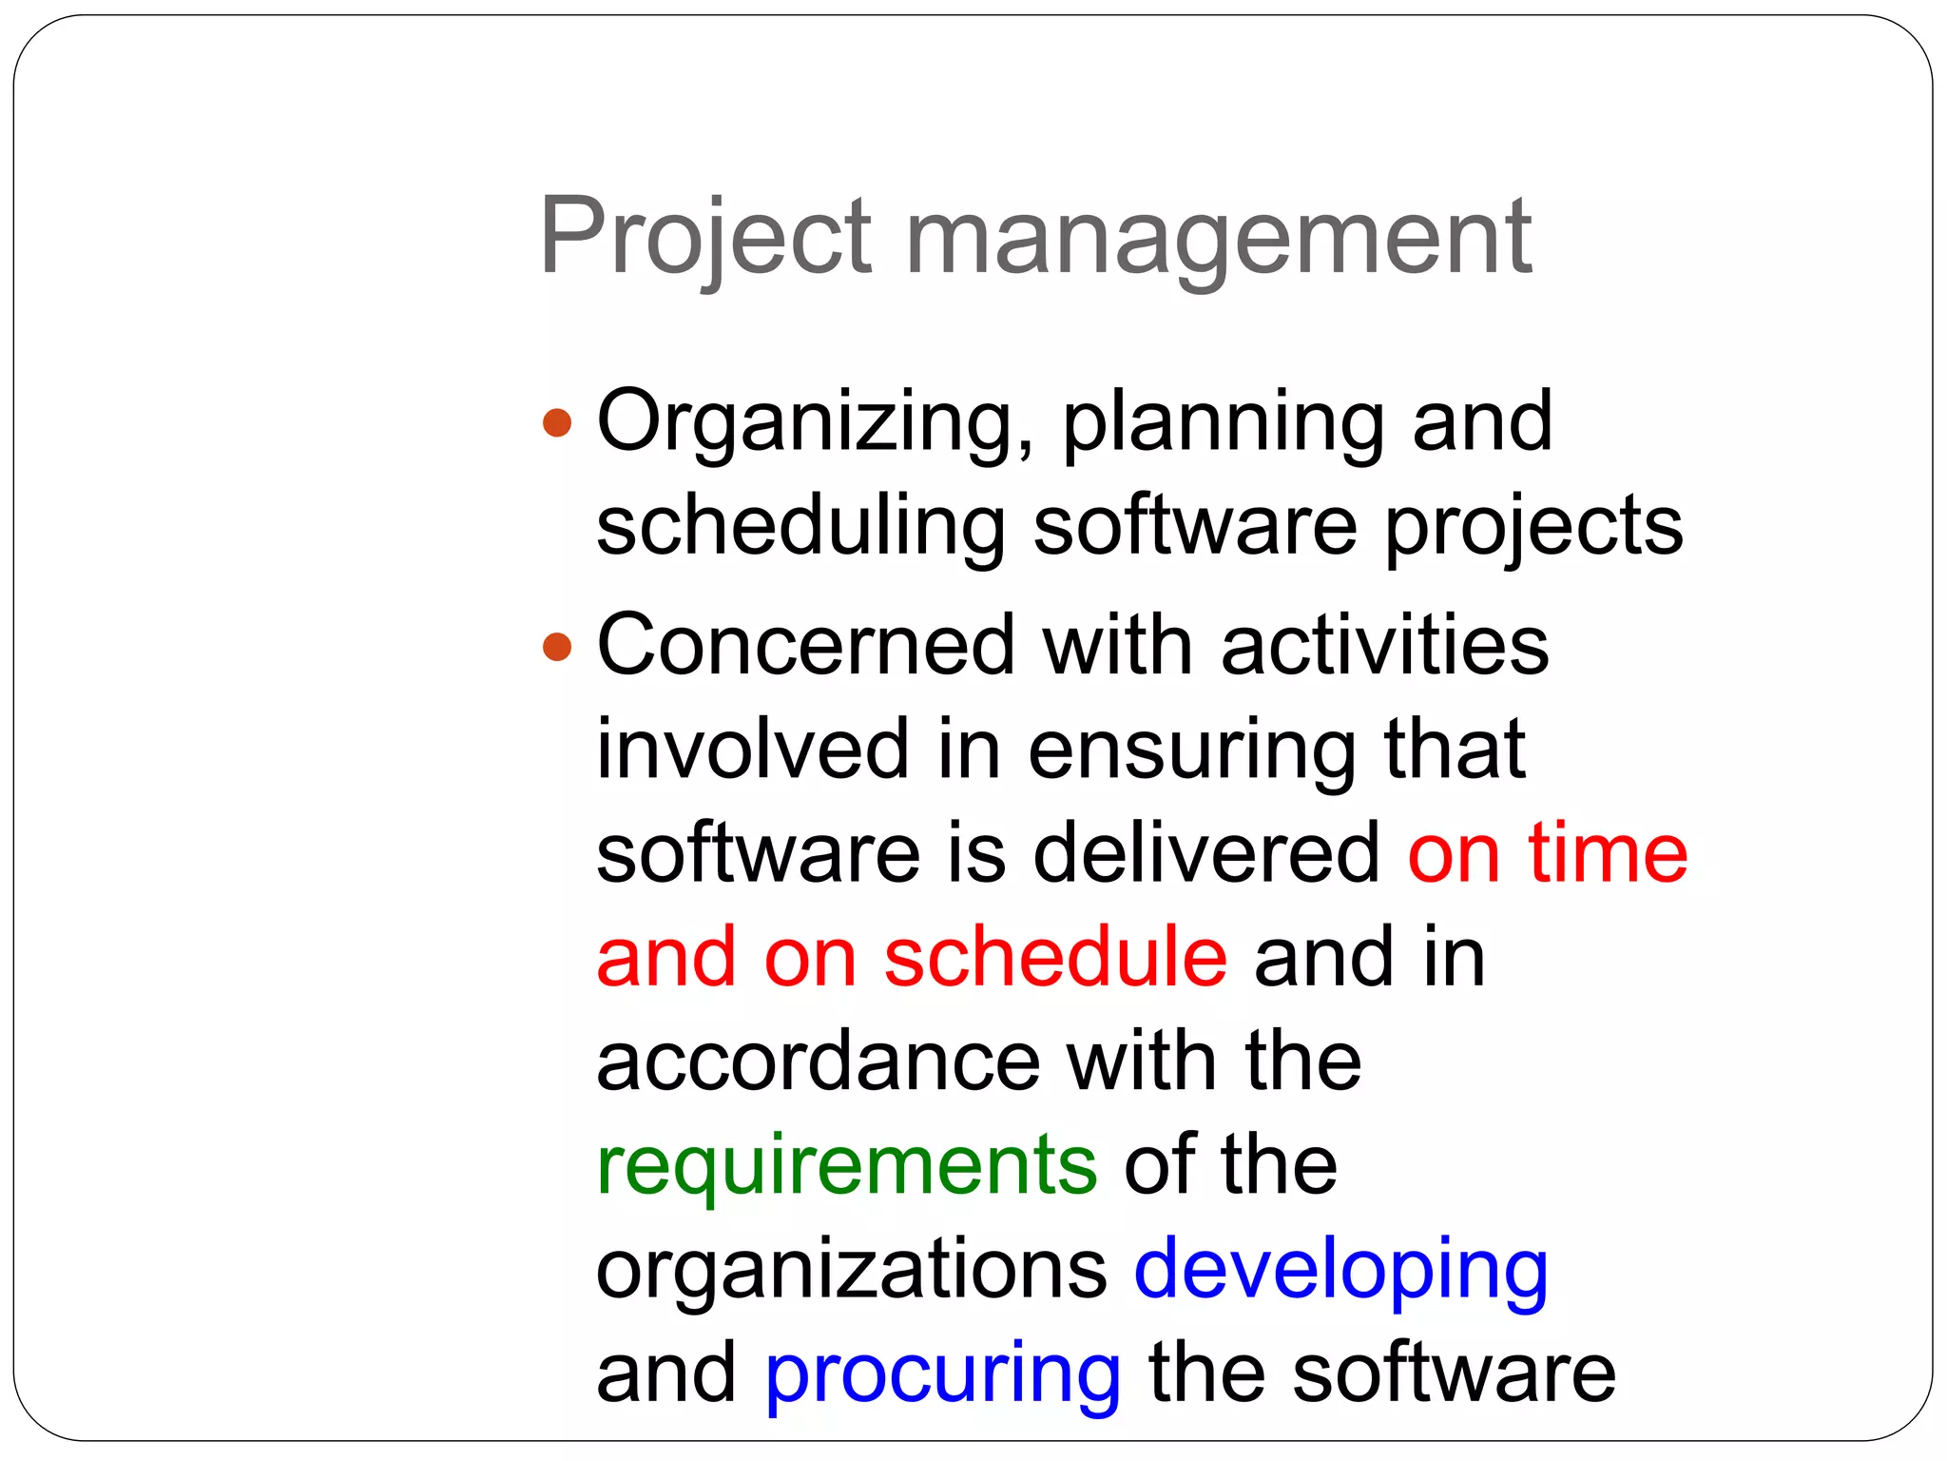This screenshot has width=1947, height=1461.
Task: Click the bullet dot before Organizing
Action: (x=557, y=422)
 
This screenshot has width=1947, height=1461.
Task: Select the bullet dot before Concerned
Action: (x=557, y=648)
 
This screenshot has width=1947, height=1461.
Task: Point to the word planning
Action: (x=1223, y=422)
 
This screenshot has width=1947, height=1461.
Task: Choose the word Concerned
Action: (x=806, y=646)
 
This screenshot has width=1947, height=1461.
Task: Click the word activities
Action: (x=1385, y=646)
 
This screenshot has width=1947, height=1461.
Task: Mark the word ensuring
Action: (x=1192, y=751)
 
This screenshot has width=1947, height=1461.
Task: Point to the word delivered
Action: (x=1206, y=853)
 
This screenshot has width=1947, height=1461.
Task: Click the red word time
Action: (x=1607, y=853)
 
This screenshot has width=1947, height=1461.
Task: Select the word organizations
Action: (x=851, y=1270)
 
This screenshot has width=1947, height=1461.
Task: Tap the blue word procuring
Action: (x=943, y=1375)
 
